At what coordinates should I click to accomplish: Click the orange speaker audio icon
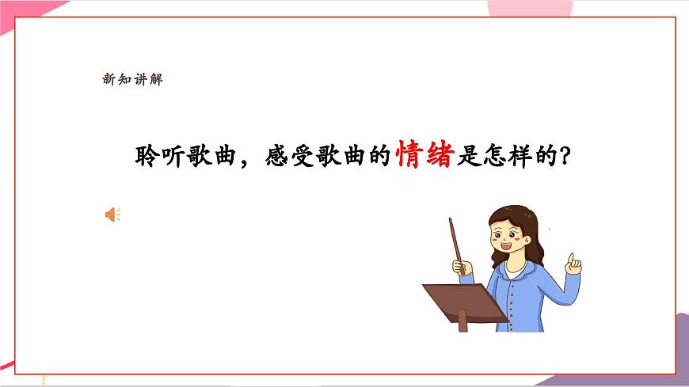pyautogui.click(x=112, y=214)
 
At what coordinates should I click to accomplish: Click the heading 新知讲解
pyautogui.click(x=132, y=78)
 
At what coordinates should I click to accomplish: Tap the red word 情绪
pyautogui.click(x=424, y=155)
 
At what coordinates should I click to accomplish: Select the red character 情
pyautogui.click(x=409, y=155)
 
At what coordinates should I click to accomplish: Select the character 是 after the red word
pyautogui.click(x=468, y=155)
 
